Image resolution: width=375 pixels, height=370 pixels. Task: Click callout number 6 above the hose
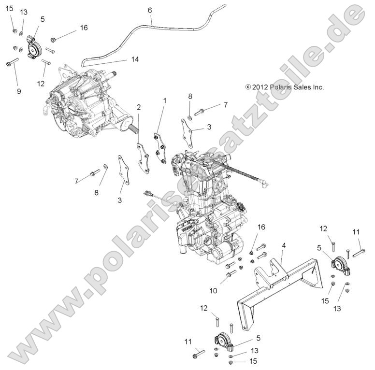pyautogui.click(x=150, y=10)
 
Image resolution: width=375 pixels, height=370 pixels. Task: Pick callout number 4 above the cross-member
pyautogui.click(x=284, y=246)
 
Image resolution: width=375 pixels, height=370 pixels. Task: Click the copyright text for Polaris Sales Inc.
pyautogui.click(x=284, y=87)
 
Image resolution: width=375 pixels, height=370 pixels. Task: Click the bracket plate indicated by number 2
pyautogui.click(x=142, y=157)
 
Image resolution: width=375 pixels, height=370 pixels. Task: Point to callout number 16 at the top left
pyautogui.click(x=84, y=28)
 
